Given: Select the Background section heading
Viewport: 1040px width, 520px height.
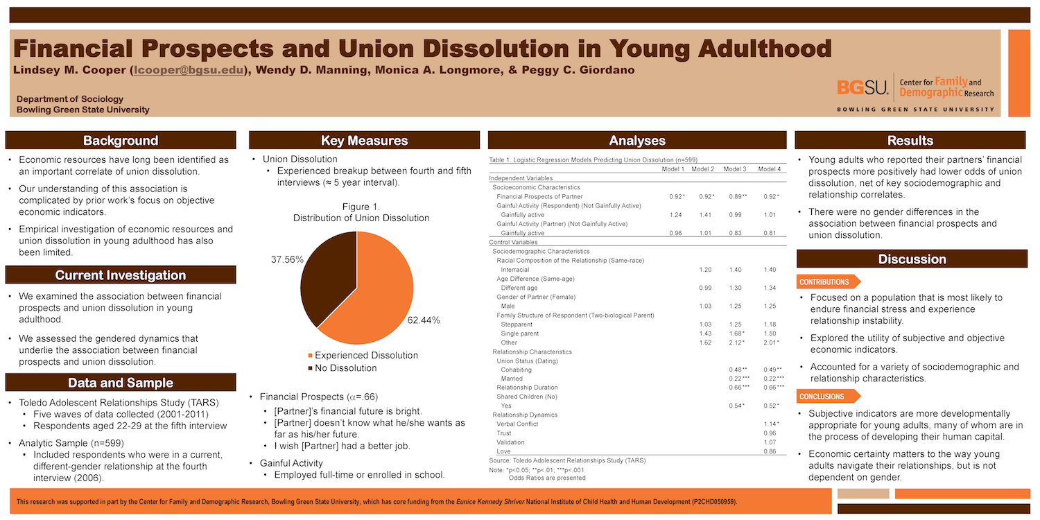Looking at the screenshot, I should pos(121,141).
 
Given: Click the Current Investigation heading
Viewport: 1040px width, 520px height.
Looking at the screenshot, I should pos(121,275).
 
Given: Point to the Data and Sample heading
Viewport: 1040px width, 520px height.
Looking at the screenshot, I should pos(121,383).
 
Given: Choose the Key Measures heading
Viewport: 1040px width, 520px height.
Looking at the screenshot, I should pos(364,141).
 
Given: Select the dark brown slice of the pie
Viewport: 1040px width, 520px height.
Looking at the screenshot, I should pos(326,274).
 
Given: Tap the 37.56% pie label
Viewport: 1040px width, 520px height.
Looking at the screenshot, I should pos(286,259).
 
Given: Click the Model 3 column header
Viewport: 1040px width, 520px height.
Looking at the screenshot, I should pos(735,169).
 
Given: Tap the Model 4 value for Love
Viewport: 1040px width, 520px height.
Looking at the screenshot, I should pos(769,451).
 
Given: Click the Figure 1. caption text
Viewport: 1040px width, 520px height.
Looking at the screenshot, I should pos(361,207).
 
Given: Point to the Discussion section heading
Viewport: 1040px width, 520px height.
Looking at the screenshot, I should pos(911,259).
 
